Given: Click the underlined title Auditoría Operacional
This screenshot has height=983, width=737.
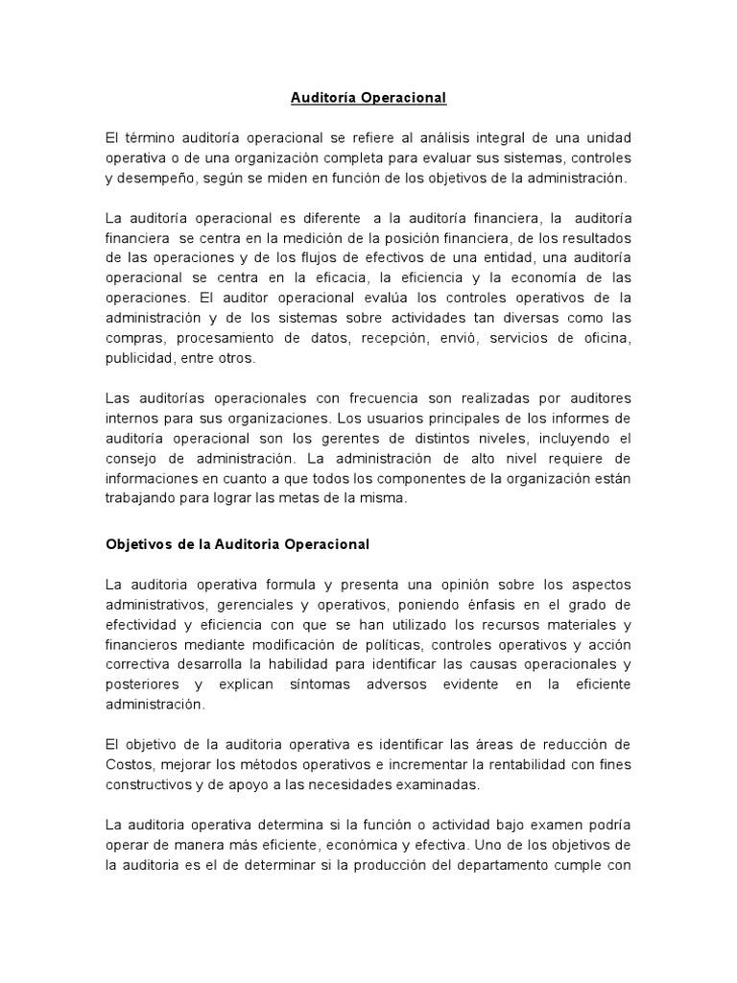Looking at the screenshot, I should pyautogui.click(x=369, y=98).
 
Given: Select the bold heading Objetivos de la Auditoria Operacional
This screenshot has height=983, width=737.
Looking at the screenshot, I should pyautogui.click(x=237, y=543).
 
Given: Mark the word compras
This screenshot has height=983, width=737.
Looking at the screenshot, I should pyautogui.click(x=130, y=339).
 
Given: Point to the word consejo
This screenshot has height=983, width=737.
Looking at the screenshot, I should pyautogui.click(x=130, y=458).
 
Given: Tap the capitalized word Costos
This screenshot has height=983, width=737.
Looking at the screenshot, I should pyautogui.click(x=128, y=764).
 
